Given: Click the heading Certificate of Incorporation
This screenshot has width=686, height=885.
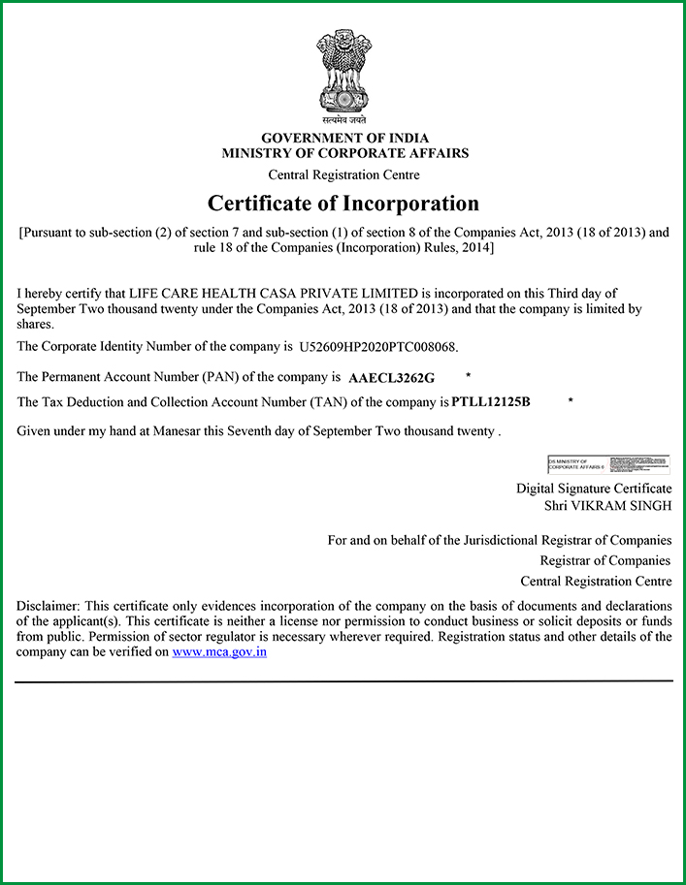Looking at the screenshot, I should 343,204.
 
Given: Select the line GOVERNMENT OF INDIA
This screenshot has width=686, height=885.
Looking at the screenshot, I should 344,139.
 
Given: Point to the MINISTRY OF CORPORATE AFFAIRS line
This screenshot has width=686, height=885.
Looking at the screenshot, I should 344,153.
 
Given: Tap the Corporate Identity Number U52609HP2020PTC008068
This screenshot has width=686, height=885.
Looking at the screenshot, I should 376,346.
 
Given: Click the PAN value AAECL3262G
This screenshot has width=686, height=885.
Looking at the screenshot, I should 392,377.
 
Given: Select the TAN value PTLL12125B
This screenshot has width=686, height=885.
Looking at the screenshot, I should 491,401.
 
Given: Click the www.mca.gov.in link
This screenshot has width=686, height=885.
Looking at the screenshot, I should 219,652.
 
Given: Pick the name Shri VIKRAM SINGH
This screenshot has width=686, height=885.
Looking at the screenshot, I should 607,506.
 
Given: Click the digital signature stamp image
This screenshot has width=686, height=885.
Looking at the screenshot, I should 608,464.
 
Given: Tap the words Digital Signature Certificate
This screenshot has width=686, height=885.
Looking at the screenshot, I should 594,489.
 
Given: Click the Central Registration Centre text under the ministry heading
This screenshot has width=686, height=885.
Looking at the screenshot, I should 343,175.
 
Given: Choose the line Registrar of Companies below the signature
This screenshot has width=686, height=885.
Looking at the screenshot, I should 605,560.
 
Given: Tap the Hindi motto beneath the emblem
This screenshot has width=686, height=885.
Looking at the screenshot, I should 343,120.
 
